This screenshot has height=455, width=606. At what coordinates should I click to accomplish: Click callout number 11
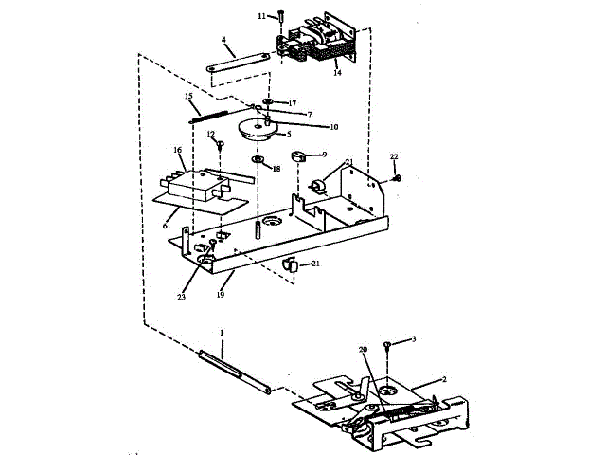tap(262, 16)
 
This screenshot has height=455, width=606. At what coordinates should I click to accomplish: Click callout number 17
tap(293, 102)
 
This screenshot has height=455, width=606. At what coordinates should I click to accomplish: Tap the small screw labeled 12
tap(220, 146)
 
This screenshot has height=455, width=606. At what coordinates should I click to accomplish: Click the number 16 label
tap(177, 150)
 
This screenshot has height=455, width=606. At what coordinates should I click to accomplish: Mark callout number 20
tap(363, 349)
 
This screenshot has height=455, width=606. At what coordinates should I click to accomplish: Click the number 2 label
tap(443, 379)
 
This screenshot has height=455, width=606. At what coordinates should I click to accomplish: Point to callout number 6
tap(165, 225)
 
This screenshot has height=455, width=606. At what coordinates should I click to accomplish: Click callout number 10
tap(334, 126)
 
